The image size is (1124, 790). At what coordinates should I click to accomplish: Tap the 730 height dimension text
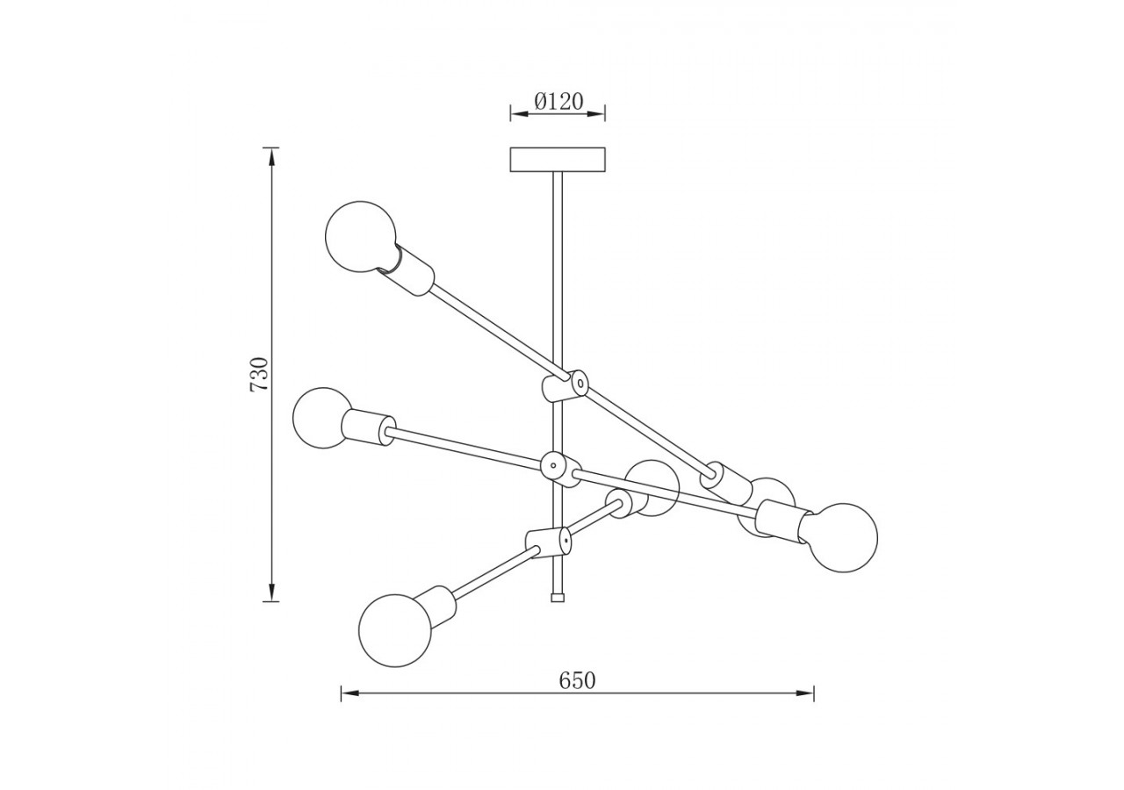259,374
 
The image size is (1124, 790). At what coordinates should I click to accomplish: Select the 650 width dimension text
577,680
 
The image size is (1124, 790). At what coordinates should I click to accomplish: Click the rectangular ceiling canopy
558,160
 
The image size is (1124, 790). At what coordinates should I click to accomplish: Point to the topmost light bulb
360,237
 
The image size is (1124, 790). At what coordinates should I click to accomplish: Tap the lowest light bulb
395,630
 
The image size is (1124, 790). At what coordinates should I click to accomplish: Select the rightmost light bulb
842,538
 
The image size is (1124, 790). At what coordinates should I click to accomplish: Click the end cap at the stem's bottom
557,597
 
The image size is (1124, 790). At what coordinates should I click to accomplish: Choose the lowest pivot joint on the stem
549,542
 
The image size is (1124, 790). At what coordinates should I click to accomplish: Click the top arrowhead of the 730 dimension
272,156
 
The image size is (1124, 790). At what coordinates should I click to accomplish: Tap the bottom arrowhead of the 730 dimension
272,593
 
